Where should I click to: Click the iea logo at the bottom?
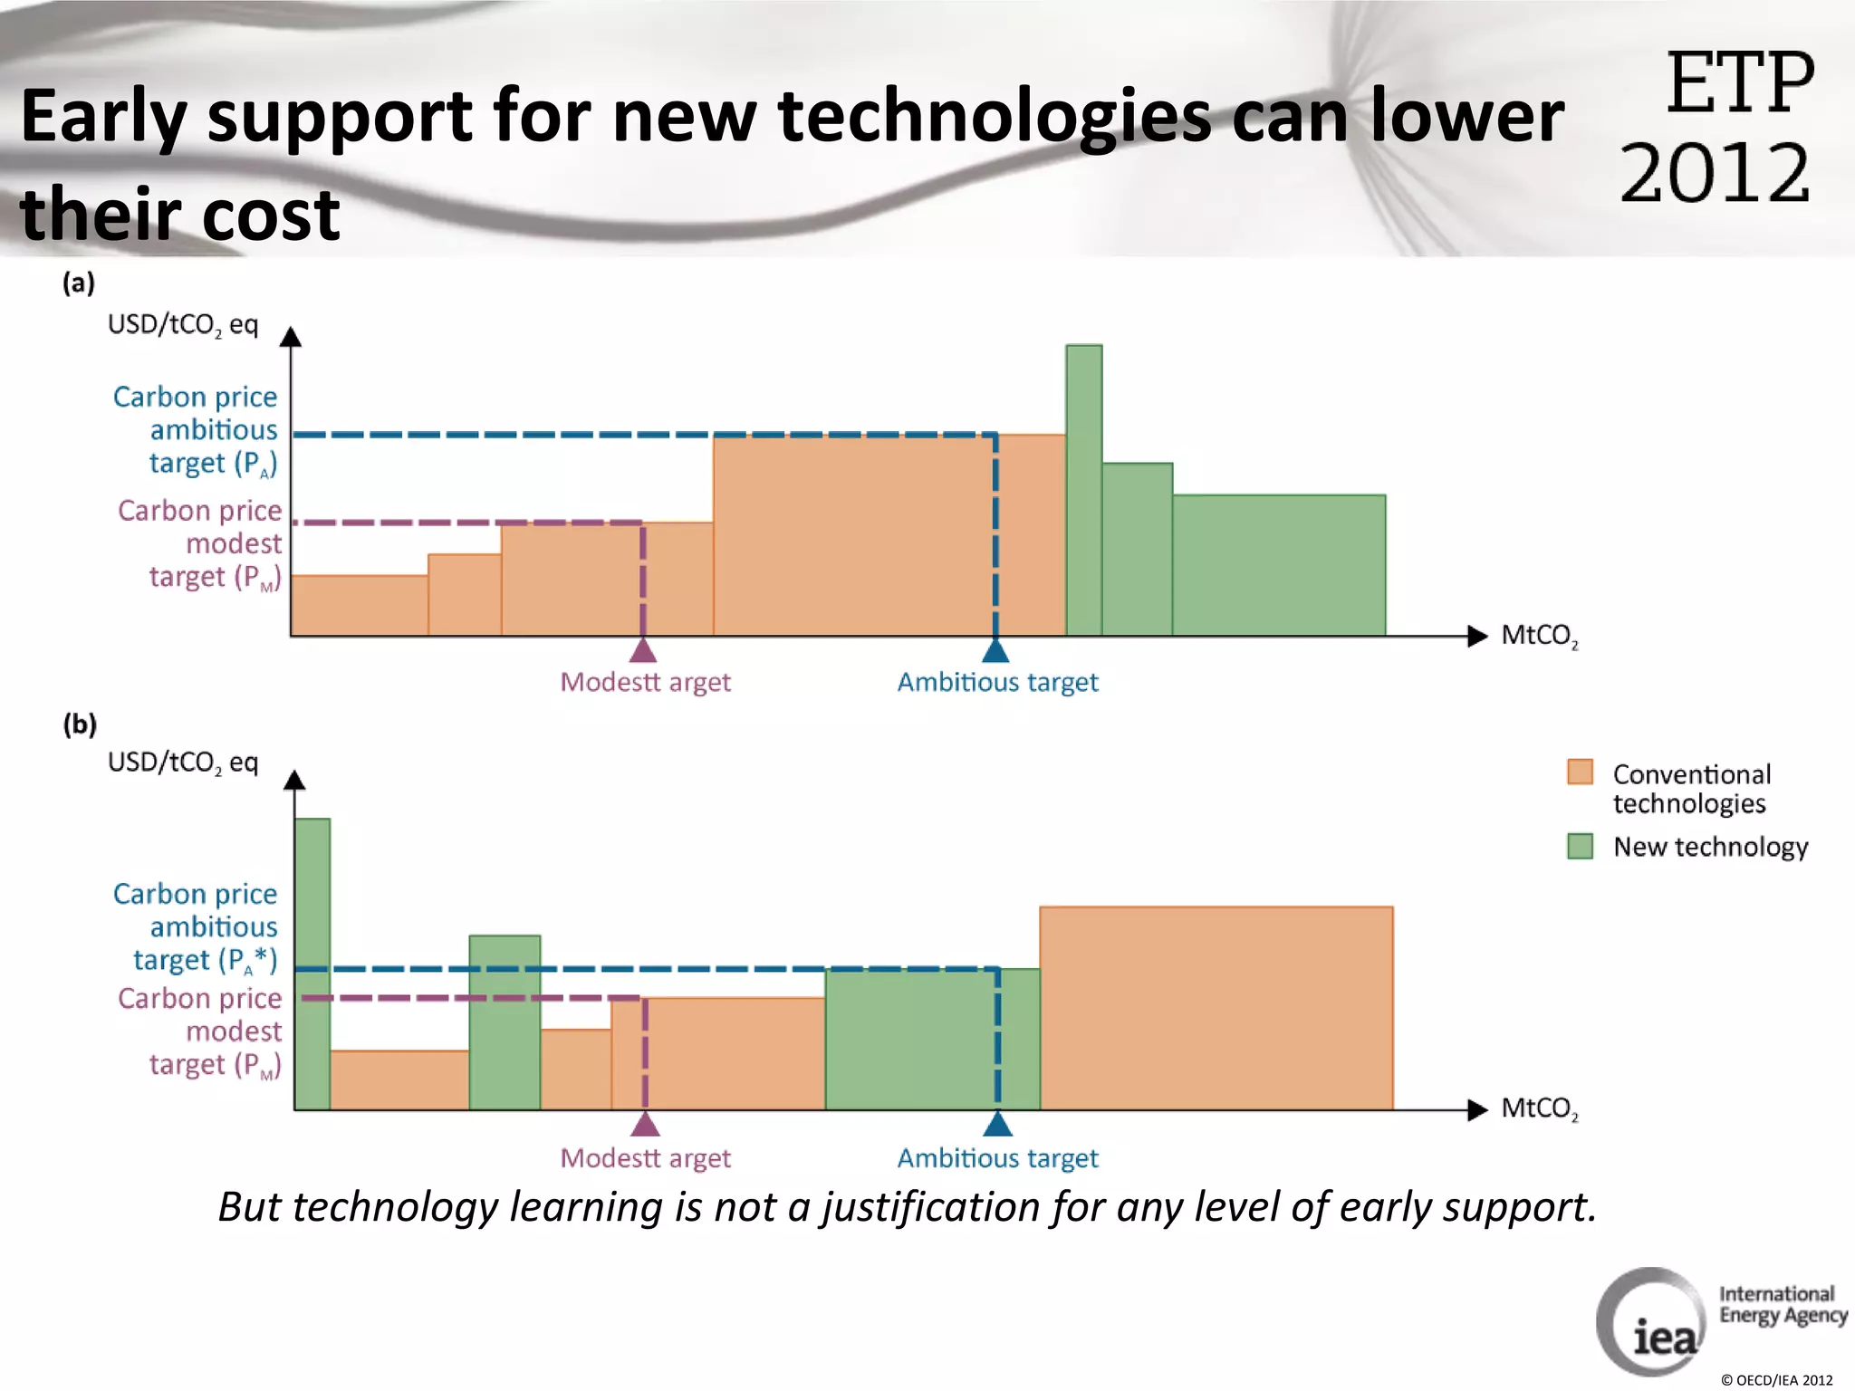(1650, 1323)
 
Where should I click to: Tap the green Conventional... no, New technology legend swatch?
(1580, 846)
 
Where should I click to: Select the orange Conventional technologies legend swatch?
(1580, 772)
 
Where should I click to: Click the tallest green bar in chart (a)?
(1083, 489)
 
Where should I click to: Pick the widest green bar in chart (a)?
(1278, 564)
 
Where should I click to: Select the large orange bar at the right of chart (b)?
(1216, 1007)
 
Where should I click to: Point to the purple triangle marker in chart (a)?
(642, 650)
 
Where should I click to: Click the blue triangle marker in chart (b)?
(997, 1124)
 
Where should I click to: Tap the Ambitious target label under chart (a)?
(997, 682)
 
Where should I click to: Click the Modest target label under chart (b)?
(645, 1158)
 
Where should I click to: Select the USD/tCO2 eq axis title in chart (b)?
(183, 763)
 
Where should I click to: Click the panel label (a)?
(79, 283)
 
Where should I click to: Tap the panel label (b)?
(80, 724)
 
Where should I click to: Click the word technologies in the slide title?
(994, 117)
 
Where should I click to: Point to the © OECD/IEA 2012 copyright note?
(1776, 1380)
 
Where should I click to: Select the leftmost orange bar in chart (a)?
(359, 605)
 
